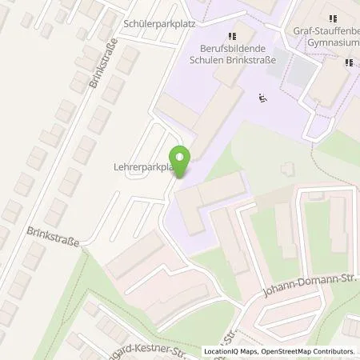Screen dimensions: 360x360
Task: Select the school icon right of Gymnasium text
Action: (350, 62)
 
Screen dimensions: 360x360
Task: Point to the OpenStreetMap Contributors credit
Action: (312, 351)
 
